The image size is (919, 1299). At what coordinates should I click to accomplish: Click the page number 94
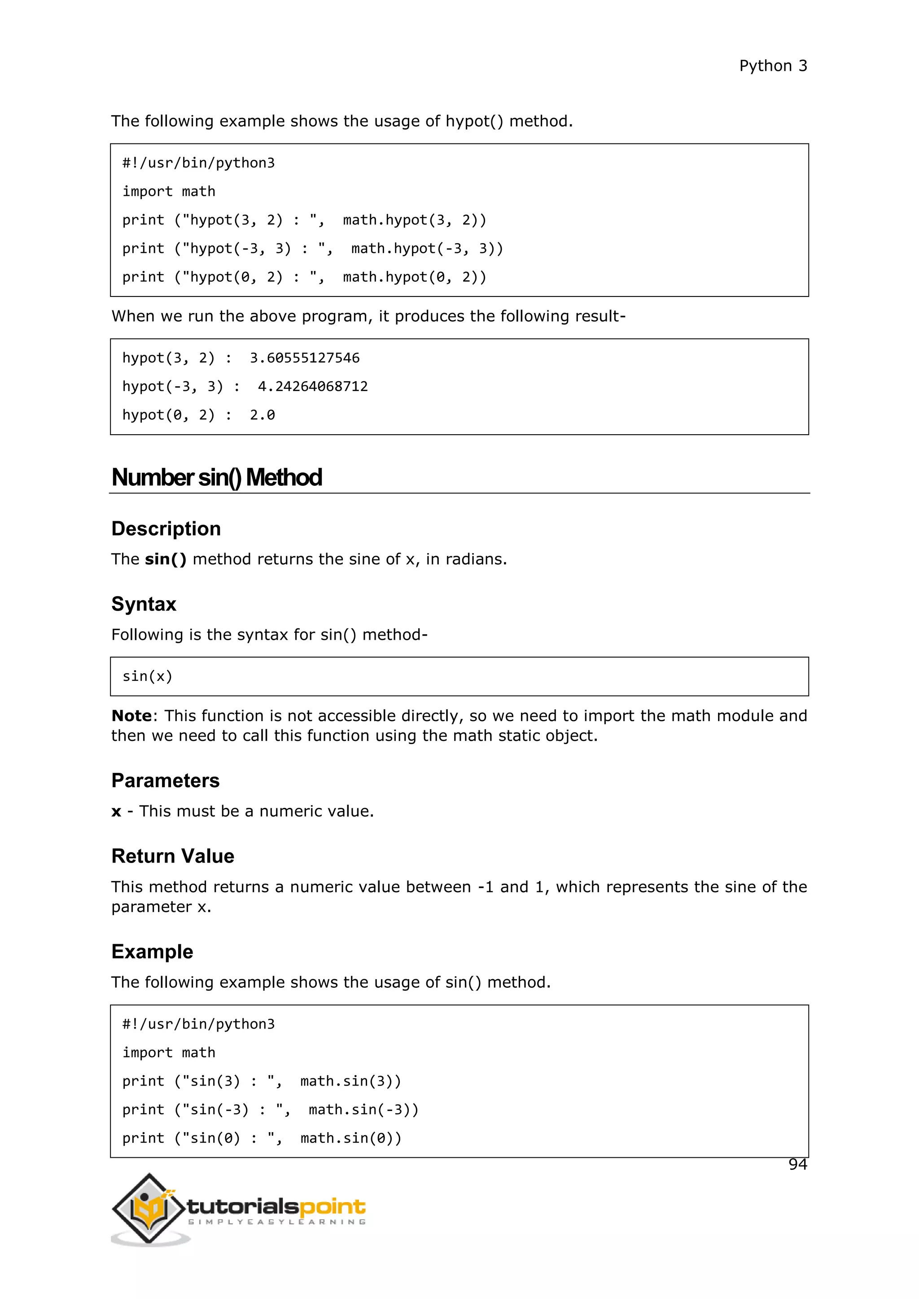pyautogui.click(x=797, y=1164)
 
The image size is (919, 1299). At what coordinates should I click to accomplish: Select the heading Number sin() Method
pyautogui.click(x=217, y=478)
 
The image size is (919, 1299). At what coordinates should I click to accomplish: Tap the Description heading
pyautogui.click(x=166, y=528)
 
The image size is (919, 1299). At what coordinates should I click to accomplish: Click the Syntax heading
pyautogui.click(x=144, y=604)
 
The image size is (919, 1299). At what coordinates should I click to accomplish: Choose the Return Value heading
pyautogui.click(x=173, y=856)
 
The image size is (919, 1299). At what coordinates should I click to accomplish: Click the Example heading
pyautogui.click(x=152, y=952)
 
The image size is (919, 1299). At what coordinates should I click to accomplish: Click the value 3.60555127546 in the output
pyautogui.click(x=304, y=358)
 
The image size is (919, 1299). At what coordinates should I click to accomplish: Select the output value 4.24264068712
pyautogui.click(x=312, y=386)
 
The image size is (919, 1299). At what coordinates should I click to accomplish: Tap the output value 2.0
pyautogui.click(x=262, y=415)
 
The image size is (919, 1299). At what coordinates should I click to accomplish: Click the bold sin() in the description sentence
pyautogui.click(x=165, y=559)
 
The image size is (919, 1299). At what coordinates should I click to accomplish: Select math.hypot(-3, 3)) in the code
pyautogui.click(x=427, y=249)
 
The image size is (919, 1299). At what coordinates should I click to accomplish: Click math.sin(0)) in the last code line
pyautogui.click(x=351, y=1138)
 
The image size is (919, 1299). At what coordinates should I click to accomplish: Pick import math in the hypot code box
pyautogui.click(x=169, y=192)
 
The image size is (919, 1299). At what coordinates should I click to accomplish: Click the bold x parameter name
pyautogui.click(x=117, y=811)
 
